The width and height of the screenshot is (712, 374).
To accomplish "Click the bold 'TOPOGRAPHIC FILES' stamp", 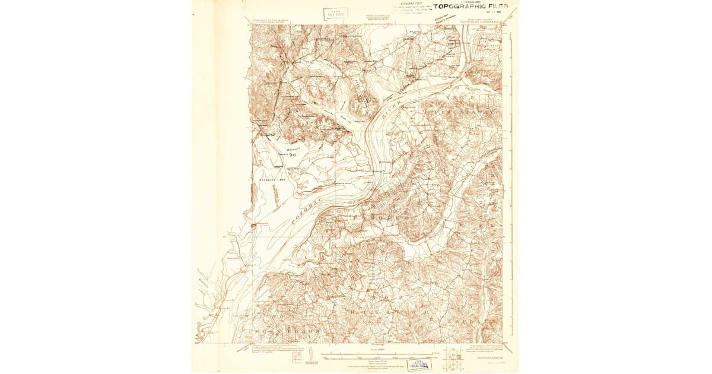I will tap(470, 7).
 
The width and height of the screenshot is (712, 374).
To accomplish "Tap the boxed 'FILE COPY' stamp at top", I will tap(335, 14).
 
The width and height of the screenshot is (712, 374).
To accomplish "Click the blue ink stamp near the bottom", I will tap(419, 364).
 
